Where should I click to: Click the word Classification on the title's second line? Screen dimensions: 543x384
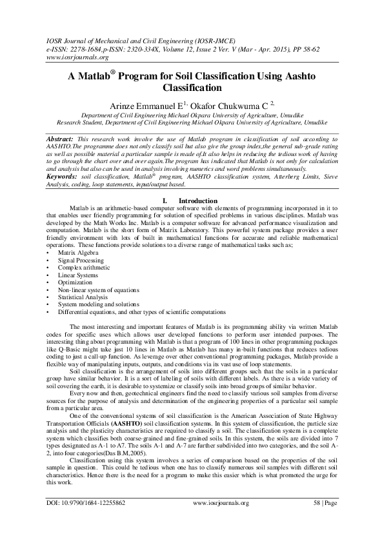[x=192, y=87]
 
